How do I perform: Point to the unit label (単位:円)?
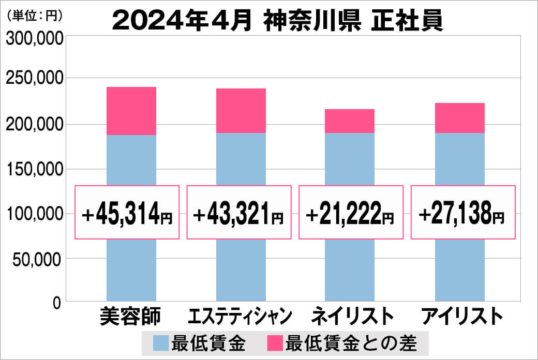35,16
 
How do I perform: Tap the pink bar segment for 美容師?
131,111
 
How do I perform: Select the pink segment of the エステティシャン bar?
241,111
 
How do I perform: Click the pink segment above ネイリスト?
350,121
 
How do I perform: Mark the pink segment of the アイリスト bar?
460,118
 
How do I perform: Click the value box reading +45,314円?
128,212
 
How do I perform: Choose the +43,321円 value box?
238,212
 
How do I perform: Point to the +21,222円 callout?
351,212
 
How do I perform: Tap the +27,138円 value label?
462,212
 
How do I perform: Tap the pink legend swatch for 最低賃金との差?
275,343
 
